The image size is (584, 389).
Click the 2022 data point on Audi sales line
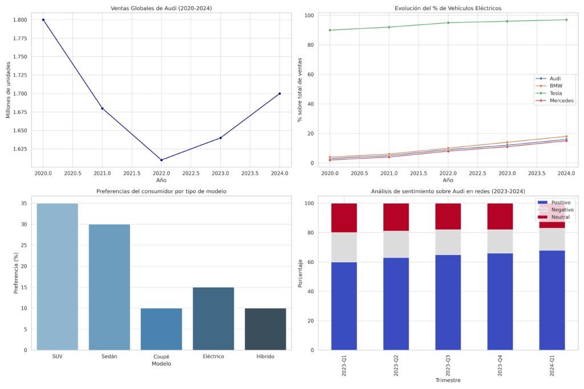[x=161, y=160]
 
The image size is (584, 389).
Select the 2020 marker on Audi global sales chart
[x=43, y=20]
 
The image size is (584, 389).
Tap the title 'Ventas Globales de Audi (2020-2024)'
[x=161, y=8]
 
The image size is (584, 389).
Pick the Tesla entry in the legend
[x=555, y=93]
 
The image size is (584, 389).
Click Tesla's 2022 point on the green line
[x=448, y=23]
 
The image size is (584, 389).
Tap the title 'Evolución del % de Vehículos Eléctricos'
[x=448, y=8]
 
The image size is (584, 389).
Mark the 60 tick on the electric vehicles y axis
[x=311, y=75]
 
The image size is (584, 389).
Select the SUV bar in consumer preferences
[x=58, y=276]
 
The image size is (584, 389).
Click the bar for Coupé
[x=161, y=329]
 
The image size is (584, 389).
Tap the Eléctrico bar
[x=213, y=318]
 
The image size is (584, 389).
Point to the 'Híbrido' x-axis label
[x=265, y=357]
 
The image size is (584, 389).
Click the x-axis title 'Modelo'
[x=161, y=363]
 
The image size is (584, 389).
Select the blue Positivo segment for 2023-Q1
[x=344, y=306]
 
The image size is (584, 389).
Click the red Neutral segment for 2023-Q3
[x=448, y=216]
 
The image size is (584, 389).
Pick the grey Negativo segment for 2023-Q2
[x=396, y=244]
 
